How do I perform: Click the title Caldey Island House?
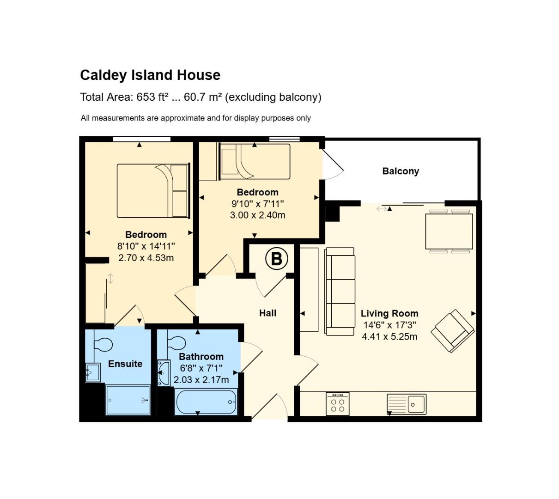coord(150,75)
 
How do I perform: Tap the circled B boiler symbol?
coord(276,259)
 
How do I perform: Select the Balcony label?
coord(401,171)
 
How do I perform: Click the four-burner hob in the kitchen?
coord(337,404)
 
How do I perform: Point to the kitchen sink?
coord(407,404)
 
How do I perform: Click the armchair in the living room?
coord(453,331)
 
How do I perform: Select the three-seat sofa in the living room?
coord(340,291)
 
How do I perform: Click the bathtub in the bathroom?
coord(206,402)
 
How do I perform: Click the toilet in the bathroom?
coord(176,343)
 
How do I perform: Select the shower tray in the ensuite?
coord(128,400)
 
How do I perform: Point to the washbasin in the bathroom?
coord(163,373)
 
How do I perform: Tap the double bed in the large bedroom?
coord(153,190)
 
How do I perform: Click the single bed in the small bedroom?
coord(255,161)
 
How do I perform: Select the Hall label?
coord(267,313)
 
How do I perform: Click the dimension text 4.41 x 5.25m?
coord(389,337)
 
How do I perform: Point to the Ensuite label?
coord(125,364)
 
